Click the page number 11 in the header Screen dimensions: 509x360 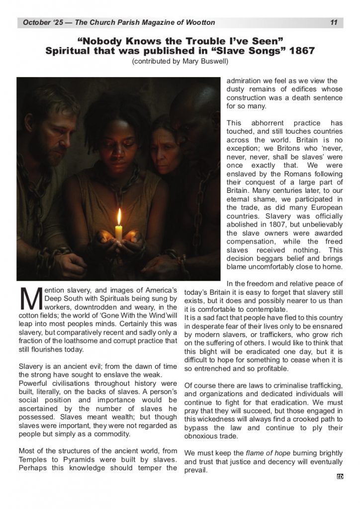tap(334, 22)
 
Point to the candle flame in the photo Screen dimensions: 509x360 tap(119, 217)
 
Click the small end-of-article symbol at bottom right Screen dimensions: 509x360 tap(340, 477)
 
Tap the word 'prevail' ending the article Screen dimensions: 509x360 tap(195, 470)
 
